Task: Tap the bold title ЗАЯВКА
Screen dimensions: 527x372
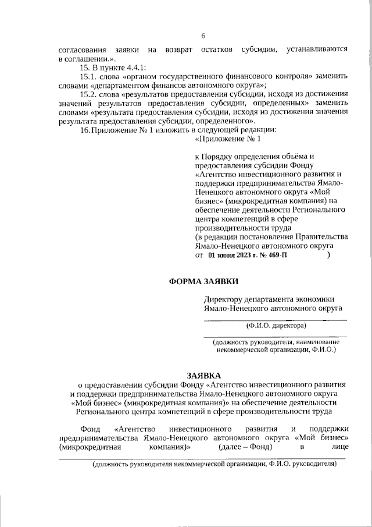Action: click(203, 376)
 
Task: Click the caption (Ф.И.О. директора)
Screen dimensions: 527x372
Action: click(276, 326)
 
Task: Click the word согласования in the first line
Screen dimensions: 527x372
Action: click(78, 51)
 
